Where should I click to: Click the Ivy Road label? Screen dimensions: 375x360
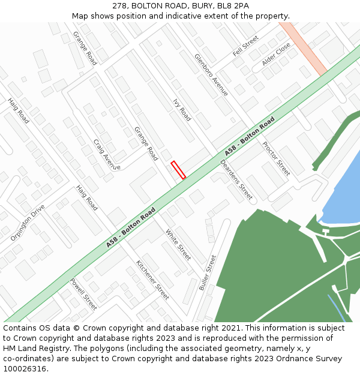coord(182,110)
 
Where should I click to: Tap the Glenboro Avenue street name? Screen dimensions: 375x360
coord(211,75)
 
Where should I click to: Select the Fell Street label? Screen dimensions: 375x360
coord(245,46)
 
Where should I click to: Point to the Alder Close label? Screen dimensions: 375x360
coord(276,53)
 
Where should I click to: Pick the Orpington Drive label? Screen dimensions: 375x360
coord(28,223)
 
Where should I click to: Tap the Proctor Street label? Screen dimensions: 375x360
coord(276,158)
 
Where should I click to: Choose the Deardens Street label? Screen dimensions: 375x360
coord(236,179)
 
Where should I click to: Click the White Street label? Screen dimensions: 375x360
coord(178,245)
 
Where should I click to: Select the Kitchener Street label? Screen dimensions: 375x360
coord(152,280)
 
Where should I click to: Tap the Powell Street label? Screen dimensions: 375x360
coord(83,294)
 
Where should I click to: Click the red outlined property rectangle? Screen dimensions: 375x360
coord(178,170)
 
